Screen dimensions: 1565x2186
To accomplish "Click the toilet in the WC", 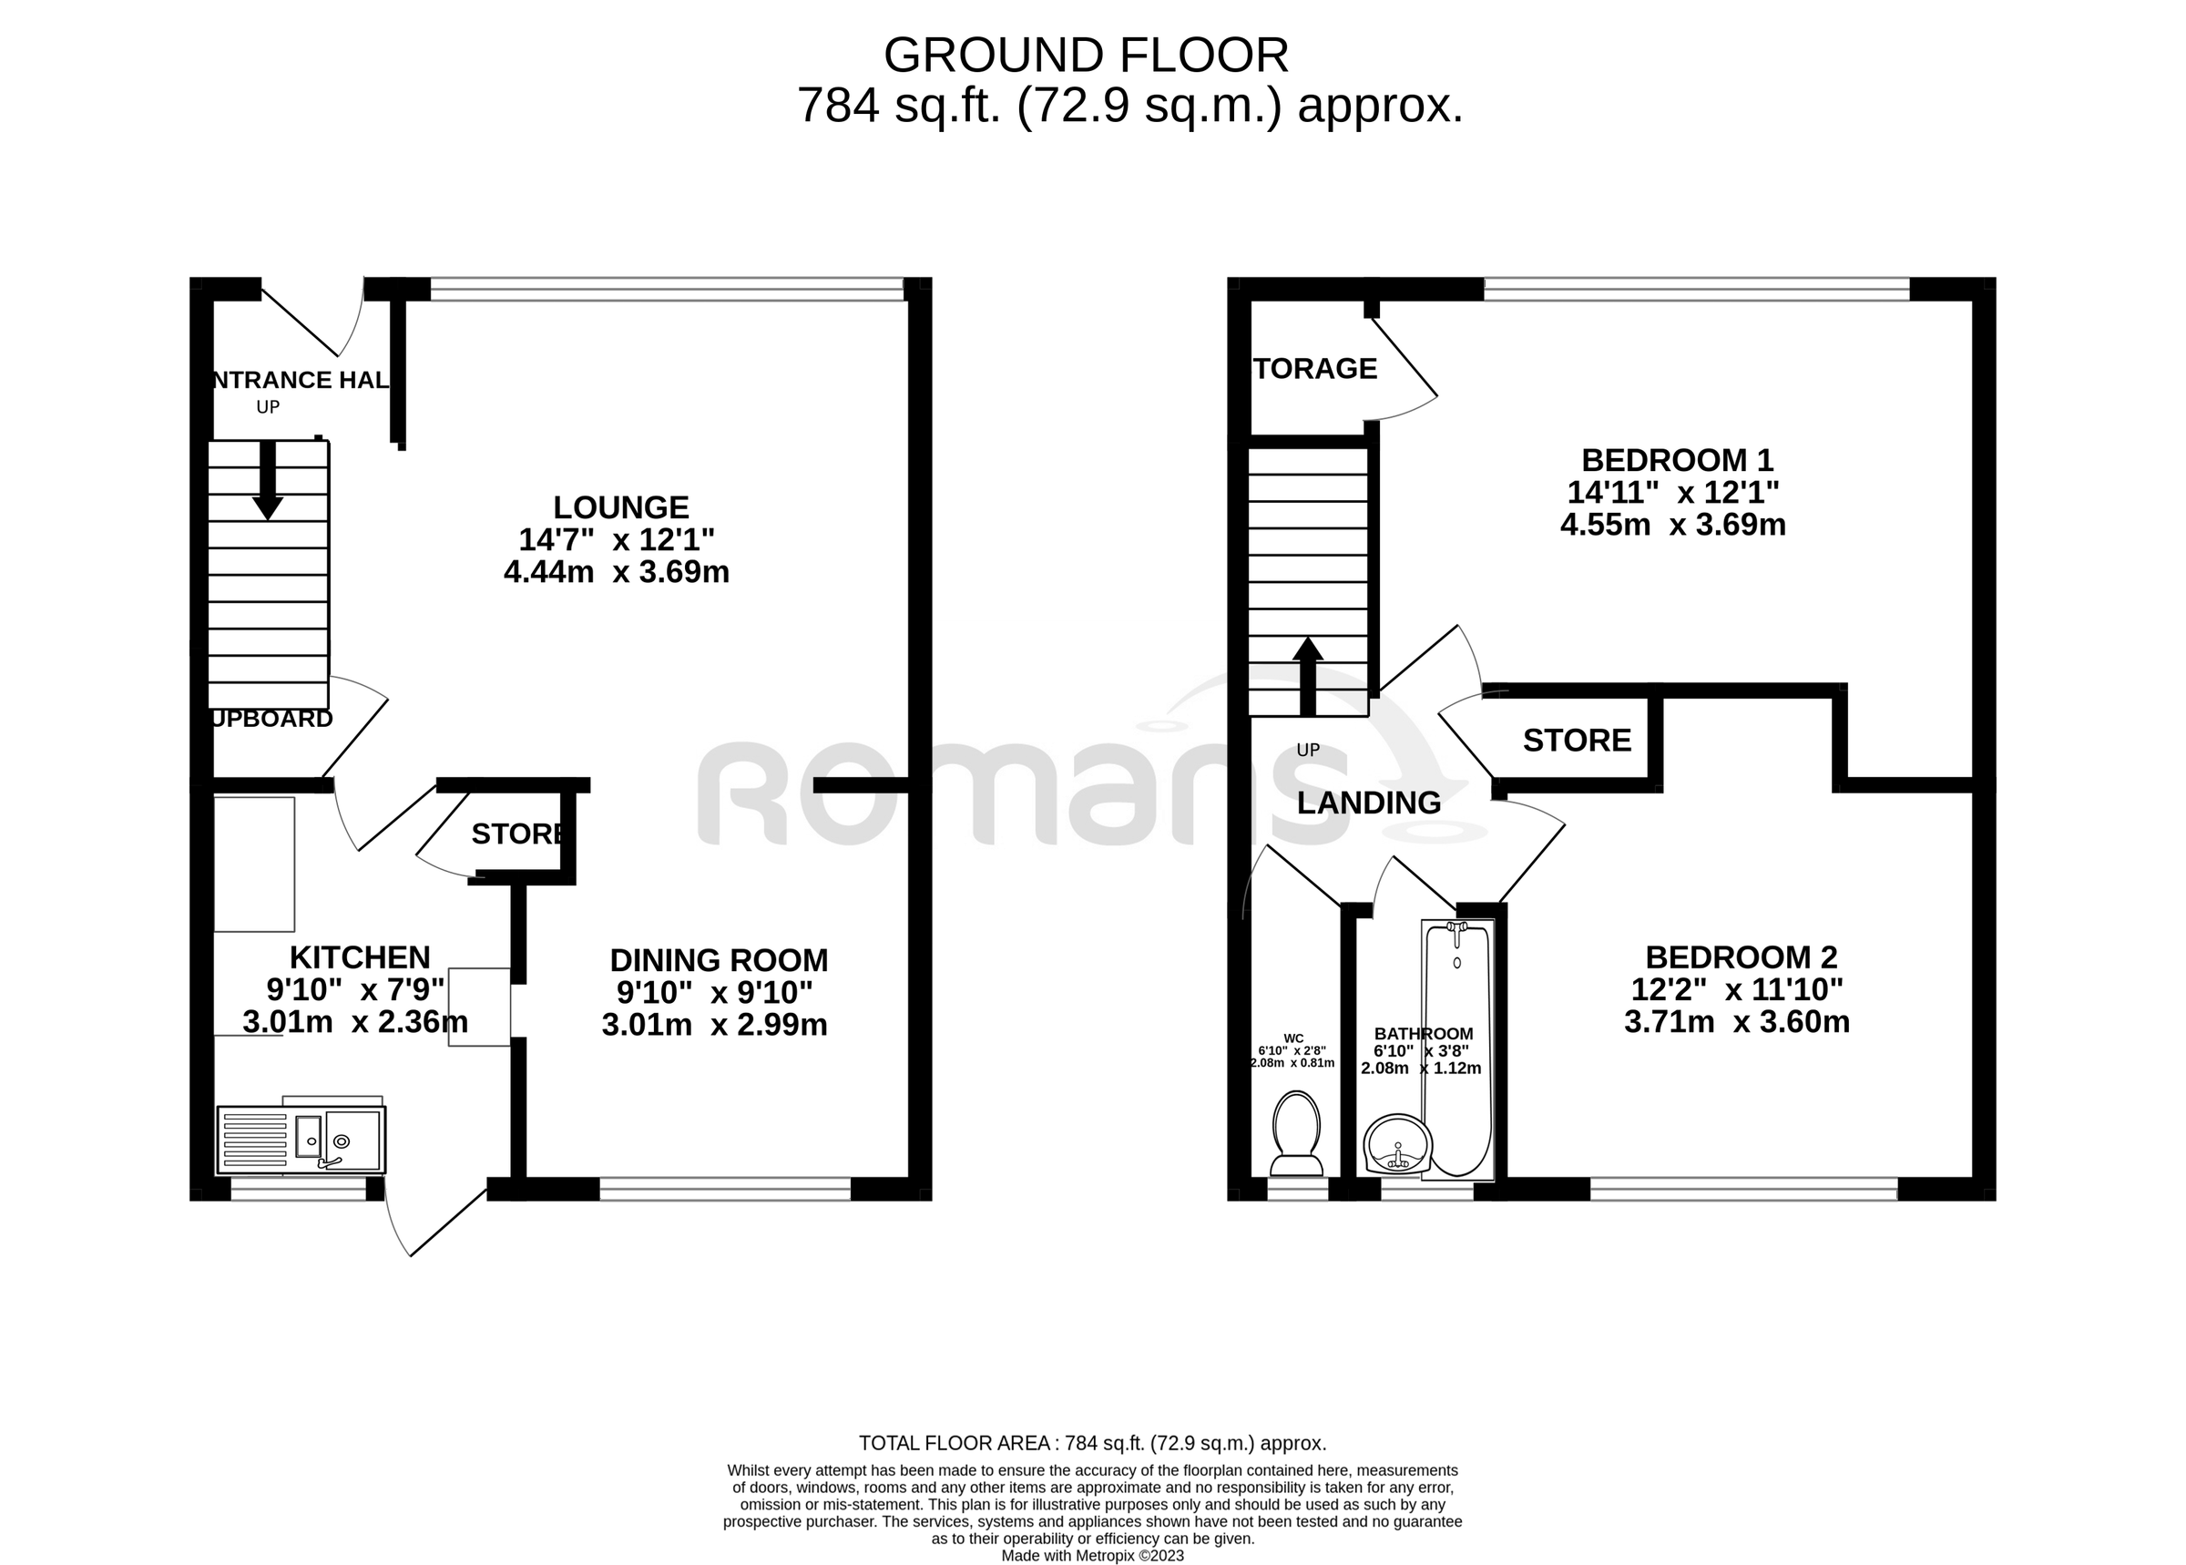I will [x=1296, y=1132].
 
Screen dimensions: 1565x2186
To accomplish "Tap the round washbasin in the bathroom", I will [x=1397, y=1145].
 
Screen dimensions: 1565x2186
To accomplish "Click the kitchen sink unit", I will [x=302, y=1139].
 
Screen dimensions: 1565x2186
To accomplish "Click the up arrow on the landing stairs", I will [x=1307, y=676].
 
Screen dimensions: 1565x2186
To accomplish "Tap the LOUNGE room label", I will [x=620, y=506].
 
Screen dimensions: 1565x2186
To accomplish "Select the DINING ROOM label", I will [x=719, y=960].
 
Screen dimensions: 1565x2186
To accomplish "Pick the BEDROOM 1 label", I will [x=1678, y=460].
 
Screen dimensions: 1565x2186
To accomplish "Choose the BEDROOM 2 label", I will [x=1741, y=956].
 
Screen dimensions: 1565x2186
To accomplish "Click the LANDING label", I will [x=1368, y=802].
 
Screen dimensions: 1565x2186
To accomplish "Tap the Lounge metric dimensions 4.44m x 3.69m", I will [x=617, y=571].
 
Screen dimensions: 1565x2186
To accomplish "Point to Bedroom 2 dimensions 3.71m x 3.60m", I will [x=1737, y=1021].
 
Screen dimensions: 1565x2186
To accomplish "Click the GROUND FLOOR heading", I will [x=1086, y=56].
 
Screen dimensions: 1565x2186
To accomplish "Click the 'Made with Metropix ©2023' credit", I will [x=1092, y=1555].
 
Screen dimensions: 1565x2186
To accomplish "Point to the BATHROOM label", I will [x=1423, y=1034].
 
